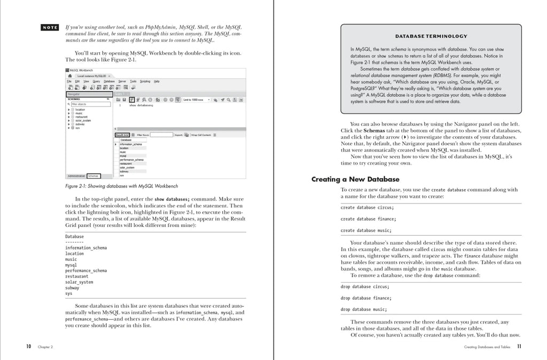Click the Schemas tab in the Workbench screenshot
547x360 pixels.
tap(93, 176)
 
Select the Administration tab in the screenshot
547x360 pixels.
tap(76, 176)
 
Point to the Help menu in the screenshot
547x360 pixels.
tap(157, 81)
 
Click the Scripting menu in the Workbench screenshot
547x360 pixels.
tap(145, 81)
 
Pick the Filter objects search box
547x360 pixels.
tap(88, 104)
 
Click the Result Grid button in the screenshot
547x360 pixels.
tap(122, 135)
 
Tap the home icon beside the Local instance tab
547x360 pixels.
tap(70, 76)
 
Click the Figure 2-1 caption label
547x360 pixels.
tap(121, 186)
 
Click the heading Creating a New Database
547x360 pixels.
tap(355, 179)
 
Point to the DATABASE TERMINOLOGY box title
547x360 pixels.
tap(431, 36)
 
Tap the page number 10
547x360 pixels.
tap(29, 347)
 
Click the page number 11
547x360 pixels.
tap(519, 347)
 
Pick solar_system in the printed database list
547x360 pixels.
tap(79, 282)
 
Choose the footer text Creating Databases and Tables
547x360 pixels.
tap(488, 347)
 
